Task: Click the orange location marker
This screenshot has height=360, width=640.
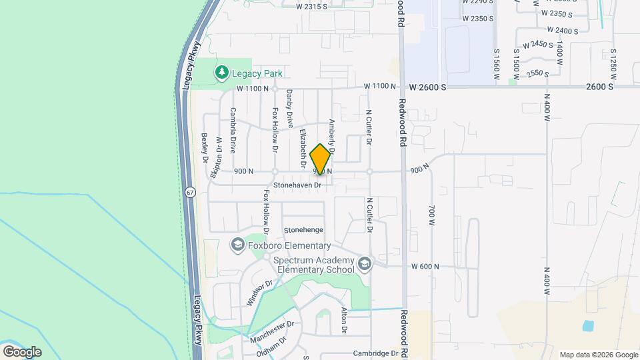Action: coord(321,159)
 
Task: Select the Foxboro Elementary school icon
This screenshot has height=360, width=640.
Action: coord(237,246)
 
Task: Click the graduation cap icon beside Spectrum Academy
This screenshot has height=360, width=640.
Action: coord(365,265)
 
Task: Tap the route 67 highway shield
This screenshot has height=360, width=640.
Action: coord(191,192)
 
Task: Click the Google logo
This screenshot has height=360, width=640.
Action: coord(22,351)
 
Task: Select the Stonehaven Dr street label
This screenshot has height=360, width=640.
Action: coord(297,185)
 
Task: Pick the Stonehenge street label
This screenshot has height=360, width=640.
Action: coord(303,230)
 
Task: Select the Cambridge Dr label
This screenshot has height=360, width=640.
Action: coord(376,353)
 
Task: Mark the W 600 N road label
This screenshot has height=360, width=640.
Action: coord(425,267)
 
